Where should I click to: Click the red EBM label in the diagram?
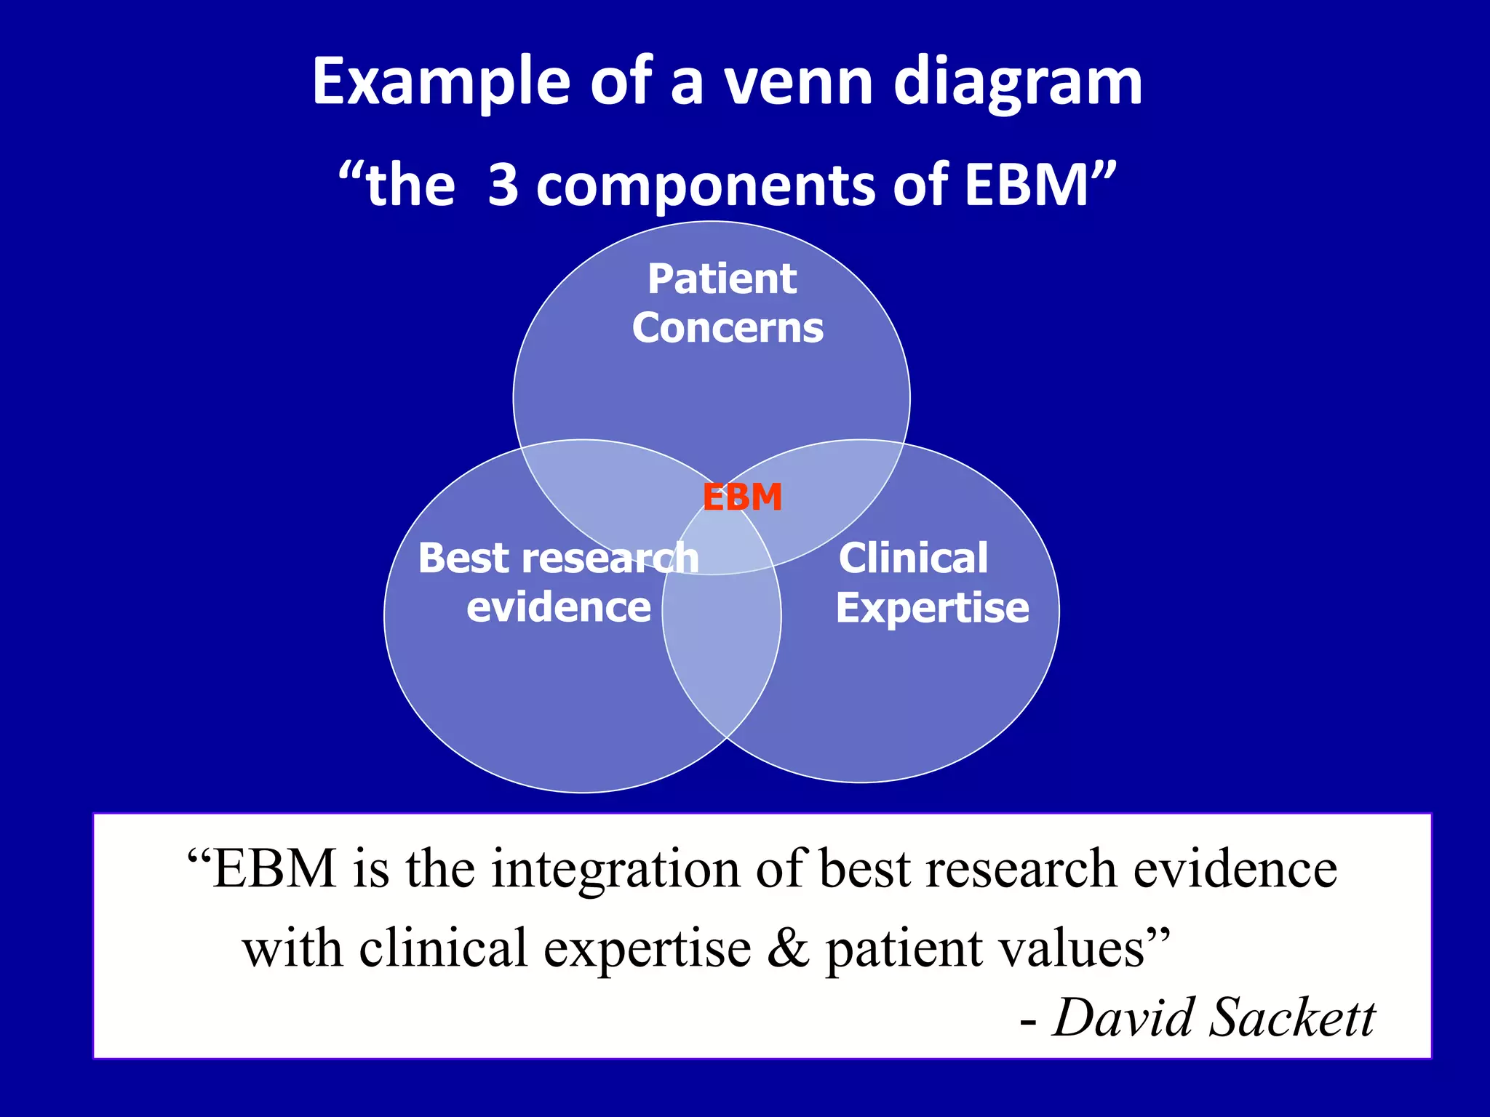742,498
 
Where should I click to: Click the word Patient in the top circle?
722,279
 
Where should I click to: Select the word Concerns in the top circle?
728,328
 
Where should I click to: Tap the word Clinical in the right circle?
913,558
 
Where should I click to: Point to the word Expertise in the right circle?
932,608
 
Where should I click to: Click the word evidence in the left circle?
558,607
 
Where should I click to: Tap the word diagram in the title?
1018,84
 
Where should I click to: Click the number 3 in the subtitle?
503,185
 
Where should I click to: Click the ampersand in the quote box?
789,949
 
